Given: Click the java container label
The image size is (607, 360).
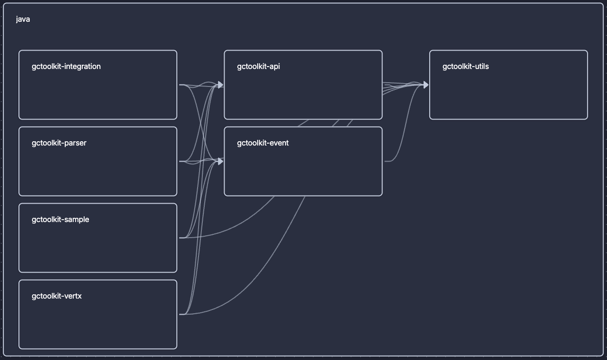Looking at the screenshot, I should point(23,19).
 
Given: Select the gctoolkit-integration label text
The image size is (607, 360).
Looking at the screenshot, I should point(66,67).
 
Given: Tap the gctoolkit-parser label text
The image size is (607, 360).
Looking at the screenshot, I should point(59,143).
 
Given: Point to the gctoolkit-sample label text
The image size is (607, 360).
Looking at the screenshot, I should point(61,220).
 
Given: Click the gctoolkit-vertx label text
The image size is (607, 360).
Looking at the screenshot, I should point(57,296).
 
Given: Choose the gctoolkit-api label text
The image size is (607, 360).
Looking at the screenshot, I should point(259,67).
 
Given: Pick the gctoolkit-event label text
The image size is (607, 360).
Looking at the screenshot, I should point(263,143).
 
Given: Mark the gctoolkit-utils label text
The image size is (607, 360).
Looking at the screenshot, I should point(466,67).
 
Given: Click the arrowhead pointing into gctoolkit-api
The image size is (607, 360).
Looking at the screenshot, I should point(220,85).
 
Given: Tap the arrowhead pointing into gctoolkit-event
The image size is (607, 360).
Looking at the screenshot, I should point(220,162).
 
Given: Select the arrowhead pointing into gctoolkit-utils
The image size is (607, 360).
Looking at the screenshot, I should point(425,85).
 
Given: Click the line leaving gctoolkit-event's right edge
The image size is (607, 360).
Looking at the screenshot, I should point(389,162).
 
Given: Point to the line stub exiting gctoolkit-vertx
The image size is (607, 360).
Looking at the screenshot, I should point(182,314).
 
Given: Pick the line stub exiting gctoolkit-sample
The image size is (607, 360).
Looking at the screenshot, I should point(182,238).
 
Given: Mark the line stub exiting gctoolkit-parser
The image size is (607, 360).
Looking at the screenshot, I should point(182,162).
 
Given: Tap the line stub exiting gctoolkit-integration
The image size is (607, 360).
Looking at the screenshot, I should point(182,85).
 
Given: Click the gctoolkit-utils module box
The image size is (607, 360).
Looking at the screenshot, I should point(508,94).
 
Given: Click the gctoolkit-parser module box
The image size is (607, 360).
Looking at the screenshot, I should point(98,171).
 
